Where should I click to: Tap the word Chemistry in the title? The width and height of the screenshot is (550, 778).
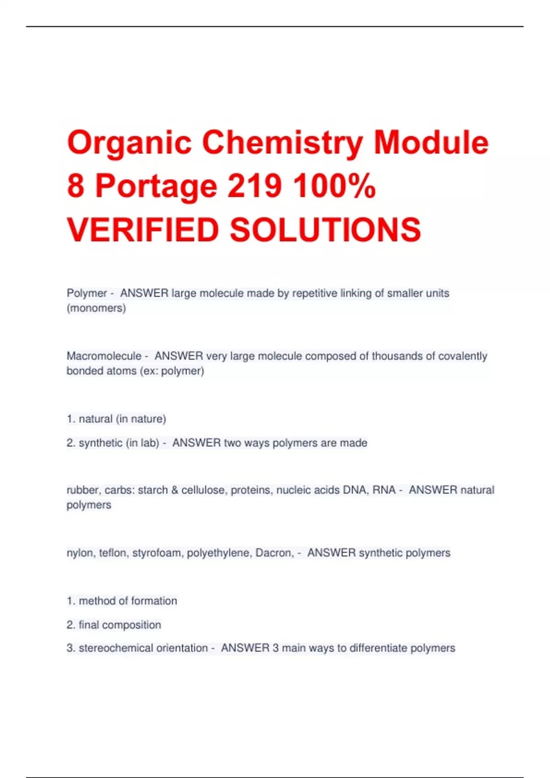[x=282, y=142]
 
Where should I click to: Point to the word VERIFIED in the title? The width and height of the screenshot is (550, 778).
[x=143, y=229]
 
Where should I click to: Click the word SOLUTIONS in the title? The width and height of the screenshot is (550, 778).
[x=325, y=229]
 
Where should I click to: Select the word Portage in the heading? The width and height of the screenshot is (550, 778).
[x=156, y=187]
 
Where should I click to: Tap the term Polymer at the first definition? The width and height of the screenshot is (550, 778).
[x=87, y=293]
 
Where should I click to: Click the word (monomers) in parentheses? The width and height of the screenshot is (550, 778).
[x=96, y=308]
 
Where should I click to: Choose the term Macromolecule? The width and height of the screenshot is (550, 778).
[x=104, y=356]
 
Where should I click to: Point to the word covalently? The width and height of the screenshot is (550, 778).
[x=462, y=356]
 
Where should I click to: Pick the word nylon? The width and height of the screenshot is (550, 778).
[x=80, y=553]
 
